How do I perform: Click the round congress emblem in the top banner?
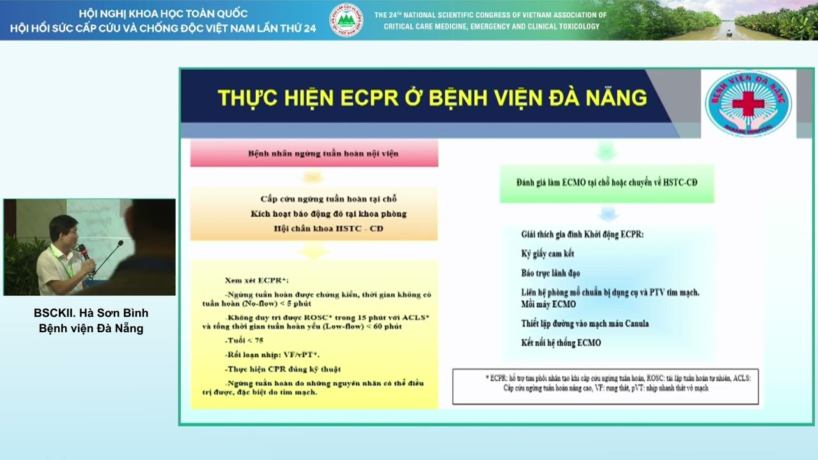click(x=346, y=20)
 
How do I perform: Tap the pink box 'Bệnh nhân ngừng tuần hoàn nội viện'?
click(x=314, y=154)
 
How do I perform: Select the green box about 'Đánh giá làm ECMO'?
click(x=606, y=183)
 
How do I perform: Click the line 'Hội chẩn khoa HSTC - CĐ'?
click(x=328, y=229)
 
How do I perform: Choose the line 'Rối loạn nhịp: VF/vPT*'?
click(x=272, y=355)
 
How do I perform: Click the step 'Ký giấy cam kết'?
click(x=548, y=254)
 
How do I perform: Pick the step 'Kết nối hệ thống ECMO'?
click(x=561, y=343)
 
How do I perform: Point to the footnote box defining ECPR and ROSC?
click(x=605, y=386)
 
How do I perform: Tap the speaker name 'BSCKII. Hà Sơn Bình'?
click(x=91, y=313)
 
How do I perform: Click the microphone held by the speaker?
click(x=82, y=250)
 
